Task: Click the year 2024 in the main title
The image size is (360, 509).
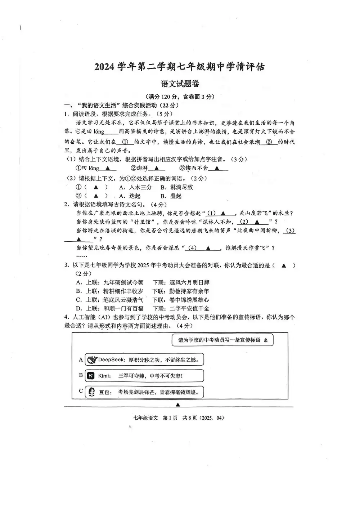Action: [105, 67]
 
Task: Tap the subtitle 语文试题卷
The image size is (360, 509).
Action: [180, 84]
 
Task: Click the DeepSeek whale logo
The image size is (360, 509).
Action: [92, 360]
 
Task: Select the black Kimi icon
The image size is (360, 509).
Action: [91, 376]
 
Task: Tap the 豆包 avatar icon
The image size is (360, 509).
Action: [91, 392]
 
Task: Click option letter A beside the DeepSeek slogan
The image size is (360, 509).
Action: [81, 360]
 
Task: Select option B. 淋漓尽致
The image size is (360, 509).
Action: [177, 187]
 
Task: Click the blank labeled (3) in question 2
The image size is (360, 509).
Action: [289, 231]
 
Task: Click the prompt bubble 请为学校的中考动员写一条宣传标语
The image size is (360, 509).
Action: [219, 340]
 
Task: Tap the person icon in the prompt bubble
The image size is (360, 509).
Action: [266, 340]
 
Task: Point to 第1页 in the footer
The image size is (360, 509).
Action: [170, 418]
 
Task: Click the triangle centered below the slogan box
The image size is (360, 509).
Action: [178, 405]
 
